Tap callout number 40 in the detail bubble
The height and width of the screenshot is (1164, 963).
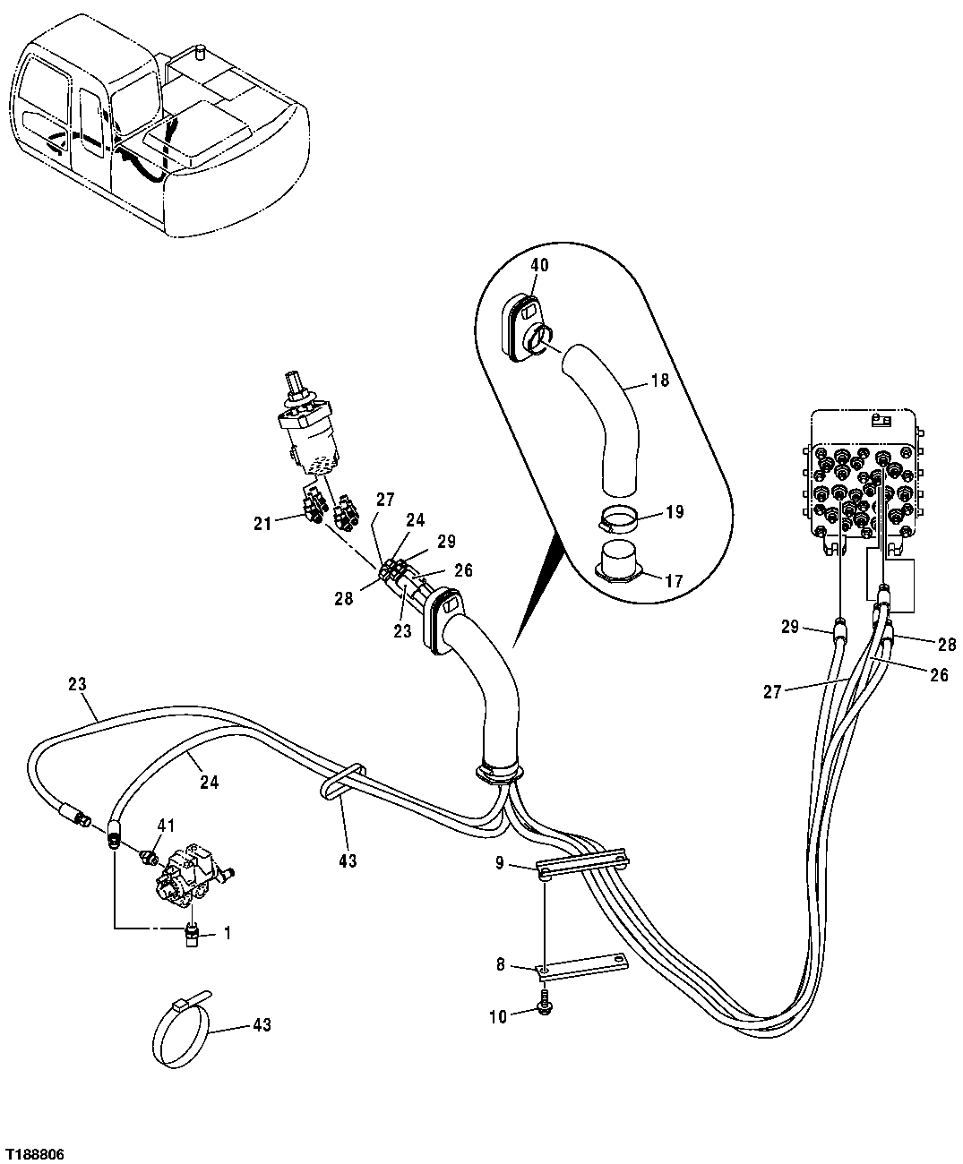pos(539,264)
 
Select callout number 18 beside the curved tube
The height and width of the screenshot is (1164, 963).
pos(659,381)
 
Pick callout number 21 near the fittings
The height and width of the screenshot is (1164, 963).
pos(262,524)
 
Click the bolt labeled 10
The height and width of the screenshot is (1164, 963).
pos(545,1009)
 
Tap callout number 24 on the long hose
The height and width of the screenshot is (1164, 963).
pos(209,782)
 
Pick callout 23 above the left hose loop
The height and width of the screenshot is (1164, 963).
pos(76,684)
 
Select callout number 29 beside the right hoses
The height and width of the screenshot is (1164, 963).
pos(789,627)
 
